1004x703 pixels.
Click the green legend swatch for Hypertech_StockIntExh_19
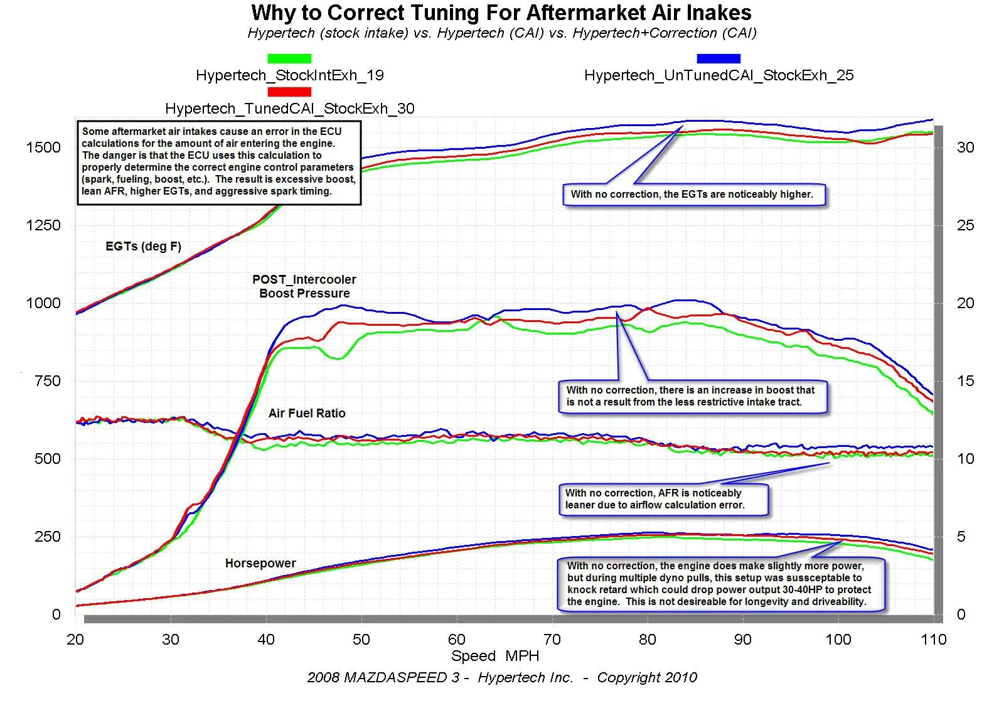coord(289,58)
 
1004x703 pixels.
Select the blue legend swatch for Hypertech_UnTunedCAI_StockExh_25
coord(718,58)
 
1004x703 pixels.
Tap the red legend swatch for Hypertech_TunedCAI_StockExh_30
coord(289,92)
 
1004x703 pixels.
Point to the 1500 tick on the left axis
coord(43,148)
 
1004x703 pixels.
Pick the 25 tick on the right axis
coord(965,225)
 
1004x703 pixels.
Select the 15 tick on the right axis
coord(965,381)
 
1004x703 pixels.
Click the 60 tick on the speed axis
coord(456,640)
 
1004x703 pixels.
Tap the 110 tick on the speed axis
coord(933,640)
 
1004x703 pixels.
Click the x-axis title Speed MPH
coord(495,656)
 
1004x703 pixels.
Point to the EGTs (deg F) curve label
coord(143,247)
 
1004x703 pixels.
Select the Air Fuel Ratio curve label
coord(307,413)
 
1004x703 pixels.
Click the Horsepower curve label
coord(260,564)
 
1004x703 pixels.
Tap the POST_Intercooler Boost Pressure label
coord(304,286)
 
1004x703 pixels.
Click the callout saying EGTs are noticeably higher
coord(692,195)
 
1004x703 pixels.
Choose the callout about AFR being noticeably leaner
coord(663,499)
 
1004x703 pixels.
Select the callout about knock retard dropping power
coord(719,584)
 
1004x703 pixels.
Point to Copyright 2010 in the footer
coord(647,678)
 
